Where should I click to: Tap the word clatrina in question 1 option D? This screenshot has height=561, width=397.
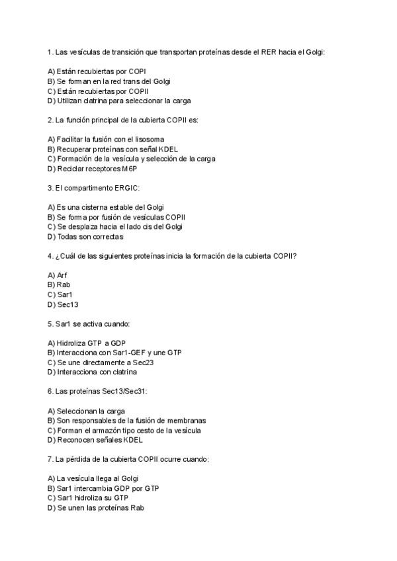point(100,101)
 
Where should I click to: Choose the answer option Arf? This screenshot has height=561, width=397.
point(62,275)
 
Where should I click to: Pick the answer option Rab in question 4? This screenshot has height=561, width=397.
point(63,284)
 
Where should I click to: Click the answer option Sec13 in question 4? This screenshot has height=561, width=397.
point(67,304)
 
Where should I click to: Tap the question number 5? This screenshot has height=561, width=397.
point(50,324)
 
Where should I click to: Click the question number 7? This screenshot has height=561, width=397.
point(50,458)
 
